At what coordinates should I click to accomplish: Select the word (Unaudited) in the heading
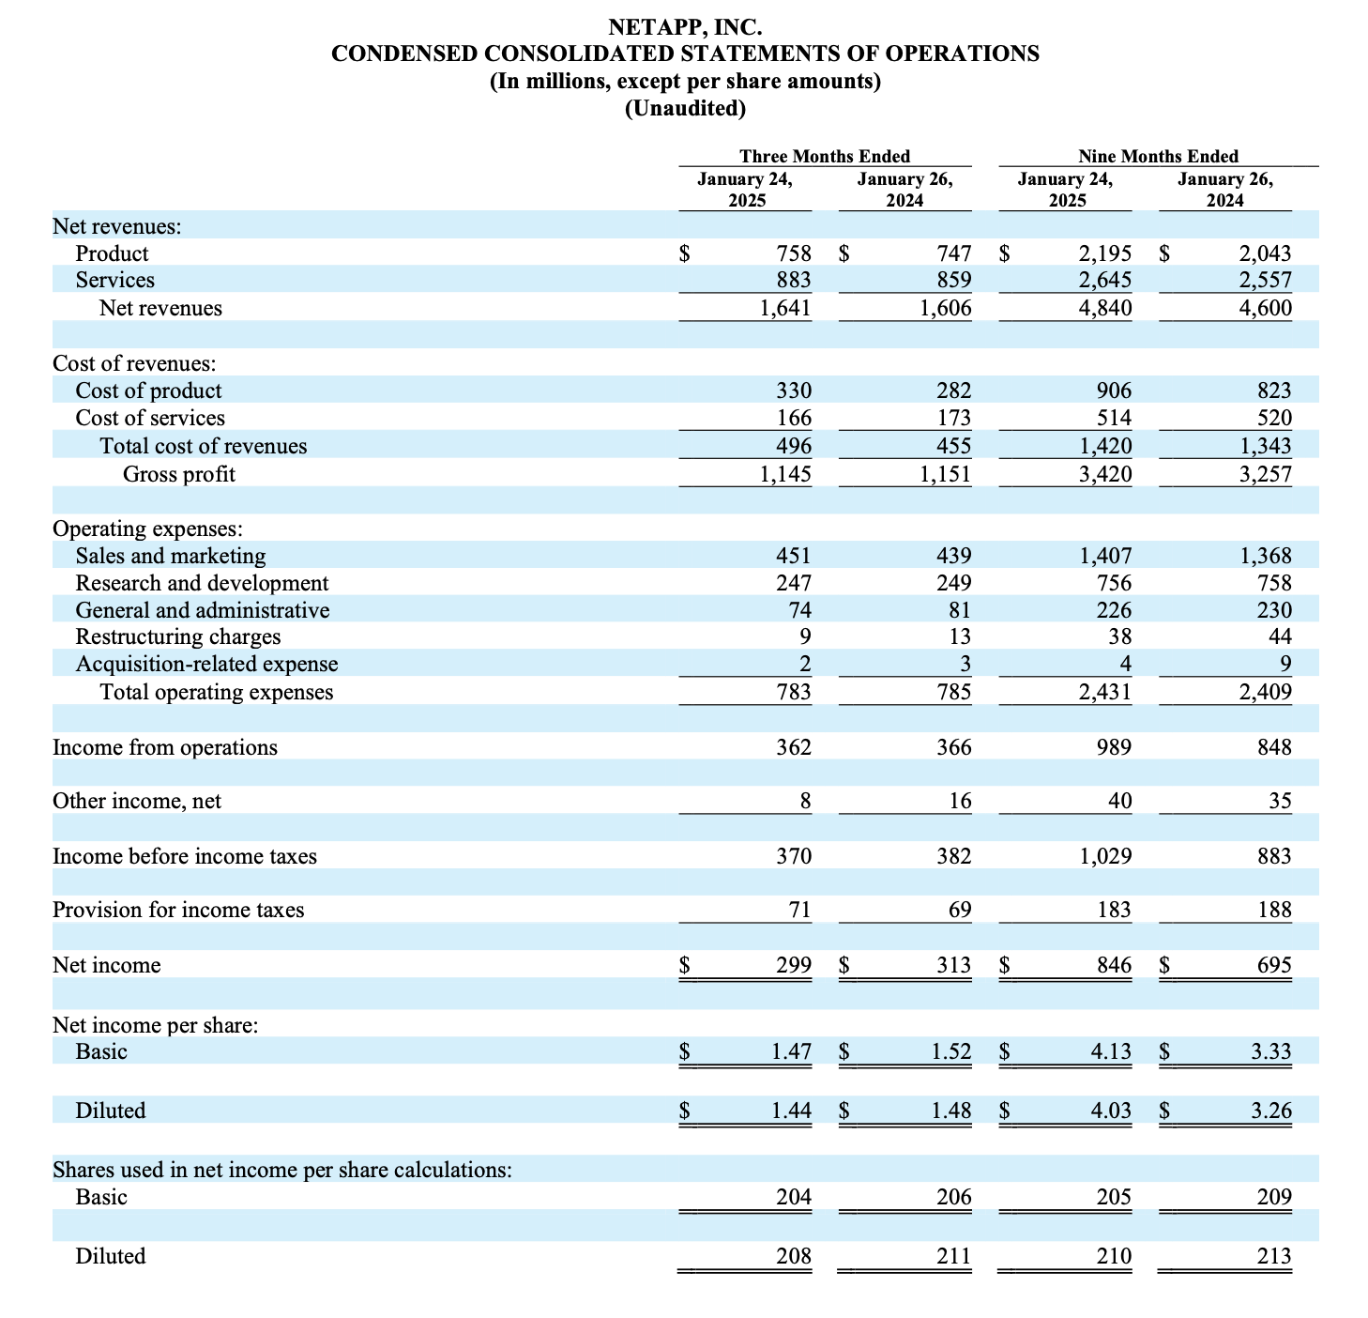click(685, 109)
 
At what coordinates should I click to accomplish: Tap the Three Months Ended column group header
click(825, 156)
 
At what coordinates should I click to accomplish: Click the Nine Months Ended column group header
click(1158, 156)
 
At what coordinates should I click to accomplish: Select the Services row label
click(115, 280)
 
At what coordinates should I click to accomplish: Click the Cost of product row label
click(148, 391)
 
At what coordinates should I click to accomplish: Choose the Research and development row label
click(202, 583)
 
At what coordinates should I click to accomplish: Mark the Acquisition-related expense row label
click(206, 664)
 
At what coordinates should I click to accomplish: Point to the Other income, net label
click(137, 801)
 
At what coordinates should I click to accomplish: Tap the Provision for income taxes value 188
click(1273, 910)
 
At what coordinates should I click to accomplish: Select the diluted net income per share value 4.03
click(1111, 1111)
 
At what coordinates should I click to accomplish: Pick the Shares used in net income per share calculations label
click(282, 1170)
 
